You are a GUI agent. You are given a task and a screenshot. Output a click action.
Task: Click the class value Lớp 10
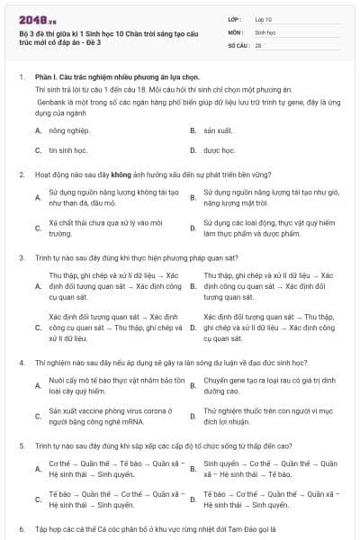coord(263,19)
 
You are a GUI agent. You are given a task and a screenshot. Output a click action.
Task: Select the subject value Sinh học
coord(265,31)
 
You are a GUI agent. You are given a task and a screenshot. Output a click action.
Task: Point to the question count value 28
coord(258,44)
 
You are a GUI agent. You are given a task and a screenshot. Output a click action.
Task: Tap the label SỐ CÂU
coord(237,44)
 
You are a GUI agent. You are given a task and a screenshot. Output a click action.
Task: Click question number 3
coord(21,257)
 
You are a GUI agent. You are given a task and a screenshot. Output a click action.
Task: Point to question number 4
coord(21,363)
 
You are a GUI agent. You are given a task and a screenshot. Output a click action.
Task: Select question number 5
coord(21,445)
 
